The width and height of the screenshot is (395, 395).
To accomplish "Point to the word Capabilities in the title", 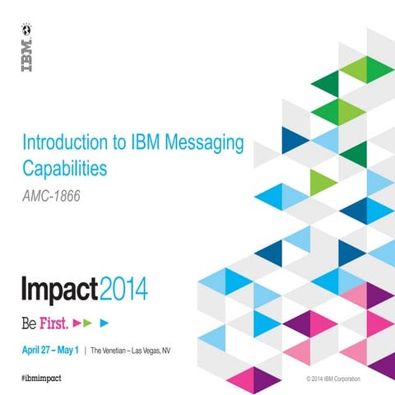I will (65, 170).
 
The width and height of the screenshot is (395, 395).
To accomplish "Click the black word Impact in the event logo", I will (58, 290).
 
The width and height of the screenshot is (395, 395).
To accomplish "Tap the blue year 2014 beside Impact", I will (123, 290).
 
